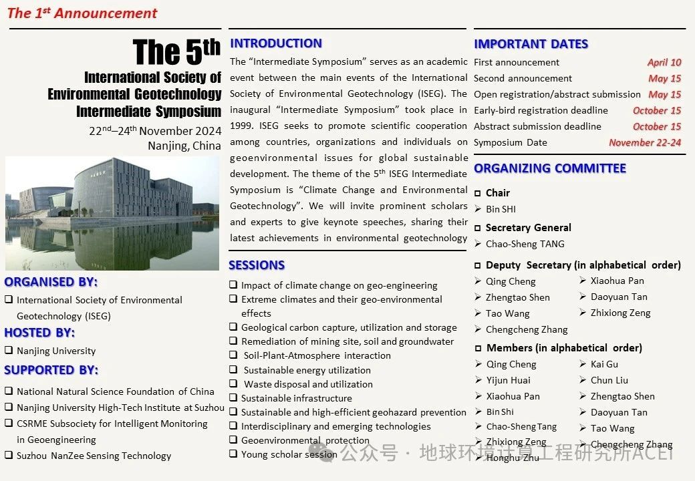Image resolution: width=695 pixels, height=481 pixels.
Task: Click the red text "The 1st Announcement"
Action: (82, 13)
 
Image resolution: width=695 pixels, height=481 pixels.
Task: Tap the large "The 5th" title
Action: (176, 53)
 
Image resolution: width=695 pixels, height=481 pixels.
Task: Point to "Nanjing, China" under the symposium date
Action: (184, 146)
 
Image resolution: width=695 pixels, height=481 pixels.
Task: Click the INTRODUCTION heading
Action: (275, 43)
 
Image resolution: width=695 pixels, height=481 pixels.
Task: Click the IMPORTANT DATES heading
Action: (531, 44)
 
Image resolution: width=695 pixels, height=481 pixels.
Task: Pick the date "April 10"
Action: (664, 62)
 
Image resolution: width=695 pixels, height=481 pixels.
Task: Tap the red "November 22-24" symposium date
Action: (645, 142)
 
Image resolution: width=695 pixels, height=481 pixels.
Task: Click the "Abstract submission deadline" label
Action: (537, 126)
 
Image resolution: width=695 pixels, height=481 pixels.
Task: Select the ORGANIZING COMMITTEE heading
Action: (550, 168)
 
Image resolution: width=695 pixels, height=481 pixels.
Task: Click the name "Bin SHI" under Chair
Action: (501, 209)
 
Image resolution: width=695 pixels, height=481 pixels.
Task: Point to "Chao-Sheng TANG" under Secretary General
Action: (525, 244)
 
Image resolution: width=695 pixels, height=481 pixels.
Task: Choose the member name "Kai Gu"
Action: (604, 364)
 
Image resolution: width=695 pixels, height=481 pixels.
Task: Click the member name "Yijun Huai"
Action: (508, 380)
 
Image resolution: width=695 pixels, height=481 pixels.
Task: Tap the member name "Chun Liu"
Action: (609, 380)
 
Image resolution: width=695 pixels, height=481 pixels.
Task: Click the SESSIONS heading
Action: (257, 265)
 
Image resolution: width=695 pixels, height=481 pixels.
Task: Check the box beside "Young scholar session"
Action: (233, 454)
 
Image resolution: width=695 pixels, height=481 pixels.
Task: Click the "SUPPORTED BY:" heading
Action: (51, 370)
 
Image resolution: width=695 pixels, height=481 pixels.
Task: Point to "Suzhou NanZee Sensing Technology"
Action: (94, 456)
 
